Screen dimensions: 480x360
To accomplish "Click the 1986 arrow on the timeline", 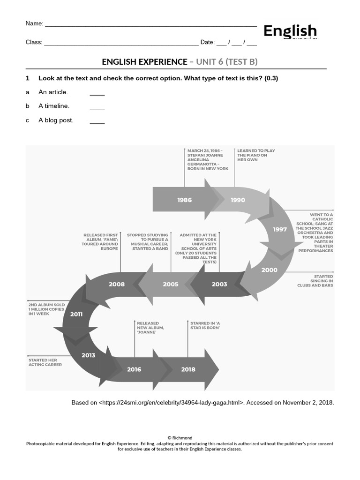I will pyautogui.click(x=185, y=200).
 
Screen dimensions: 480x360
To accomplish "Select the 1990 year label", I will pyautogui.click(x=238, y=200).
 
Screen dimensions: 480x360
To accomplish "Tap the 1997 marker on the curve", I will pyautogui.click(x=280, y=229).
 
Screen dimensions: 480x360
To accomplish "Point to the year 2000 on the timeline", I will pyautogui.click(x=269, y=270).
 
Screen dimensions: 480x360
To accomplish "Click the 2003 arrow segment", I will pyautogui.click(x=219, y=284).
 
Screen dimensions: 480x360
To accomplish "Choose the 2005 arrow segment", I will pyautogui.click(x=170, y=284).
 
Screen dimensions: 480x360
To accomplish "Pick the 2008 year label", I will pyautogui.click(x=117, y=284).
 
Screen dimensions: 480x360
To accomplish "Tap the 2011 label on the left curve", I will pyautogui.click(x=76, y=314).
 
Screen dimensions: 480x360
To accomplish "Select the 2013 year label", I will pyautogui.click(x=88, y=355).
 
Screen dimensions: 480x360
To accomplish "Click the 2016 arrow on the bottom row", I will pyautogui.click(x=134, y=369).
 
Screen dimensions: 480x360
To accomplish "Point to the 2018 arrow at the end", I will pyautogui.click(x=188, y=369).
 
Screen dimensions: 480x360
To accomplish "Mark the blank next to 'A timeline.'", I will pyautogui.click(x=97, y=106).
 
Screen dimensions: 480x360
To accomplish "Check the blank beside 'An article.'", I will pyautogui.click(x=97, y=92).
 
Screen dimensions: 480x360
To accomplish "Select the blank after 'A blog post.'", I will pyautogui.click(x=97, y=121).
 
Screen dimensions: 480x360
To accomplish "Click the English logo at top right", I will pyautogui.click(x=290, y=32).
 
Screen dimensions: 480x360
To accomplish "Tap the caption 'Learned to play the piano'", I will pyautogui.click(x=256, y=155).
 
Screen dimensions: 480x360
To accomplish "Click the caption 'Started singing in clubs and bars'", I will pyautogui.click(x=315, y=281).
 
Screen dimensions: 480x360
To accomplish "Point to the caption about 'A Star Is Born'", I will pyautogui.click(x=205, y=325).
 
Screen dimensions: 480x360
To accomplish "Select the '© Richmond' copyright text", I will pyautogui.click(x=180, y=438).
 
